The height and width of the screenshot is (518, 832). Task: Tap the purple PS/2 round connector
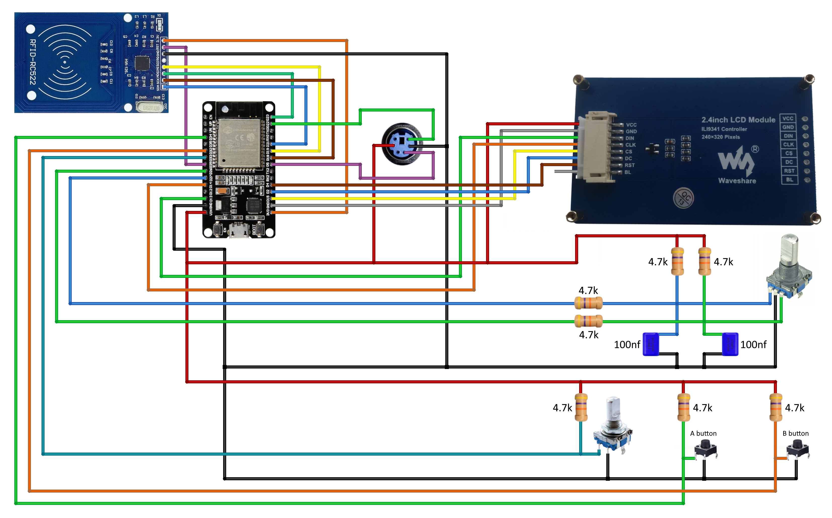click(x=402, y=144)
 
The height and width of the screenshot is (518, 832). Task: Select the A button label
click(x=703, y=433)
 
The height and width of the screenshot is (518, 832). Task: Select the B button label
click(x=795, y=433)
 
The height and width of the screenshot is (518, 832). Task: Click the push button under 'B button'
click(x=798, y=449)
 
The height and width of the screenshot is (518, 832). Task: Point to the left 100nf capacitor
click(x=651, y=344)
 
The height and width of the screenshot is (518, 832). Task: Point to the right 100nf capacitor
click(x=730, y=344)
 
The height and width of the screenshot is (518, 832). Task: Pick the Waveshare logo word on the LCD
click(x=737, y=180)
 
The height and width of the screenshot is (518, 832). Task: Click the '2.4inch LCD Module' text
click(x=738, y=120)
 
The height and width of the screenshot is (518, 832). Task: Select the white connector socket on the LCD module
click(x=598, y=147)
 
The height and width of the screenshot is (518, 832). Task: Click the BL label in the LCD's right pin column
click(x=789, y=179)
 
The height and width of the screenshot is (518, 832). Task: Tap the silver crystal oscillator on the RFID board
click(x=149, y=107)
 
